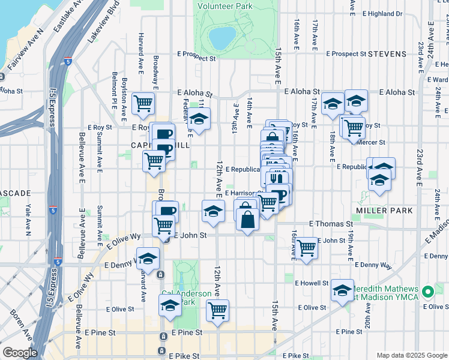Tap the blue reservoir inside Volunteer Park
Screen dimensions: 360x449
(x=223, y=38)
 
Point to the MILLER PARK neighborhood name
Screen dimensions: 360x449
(x=384, y=211)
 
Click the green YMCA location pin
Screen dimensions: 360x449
(x=428, y=293)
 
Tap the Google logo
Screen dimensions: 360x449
(x=20, y=353)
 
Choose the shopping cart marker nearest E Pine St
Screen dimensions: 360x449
(x=217, y=310)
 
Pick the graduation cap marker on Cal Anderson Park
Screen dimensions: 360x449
(x=170, y=305)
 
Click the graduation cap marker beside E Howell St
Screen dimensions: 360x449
(x=342, y=291)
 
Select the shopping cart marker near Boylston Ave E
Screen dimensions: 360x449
(x=143, y=103)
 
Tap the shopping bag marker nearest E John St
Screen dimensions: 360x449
(x=247, y=218)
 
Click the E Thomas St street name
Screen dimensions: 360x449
(x=331, y=223)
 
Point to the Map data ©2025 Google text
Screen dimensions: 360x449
(x=412, y=355)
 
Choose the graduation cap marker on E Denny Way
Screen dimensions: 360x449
(x=148, y=258)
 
